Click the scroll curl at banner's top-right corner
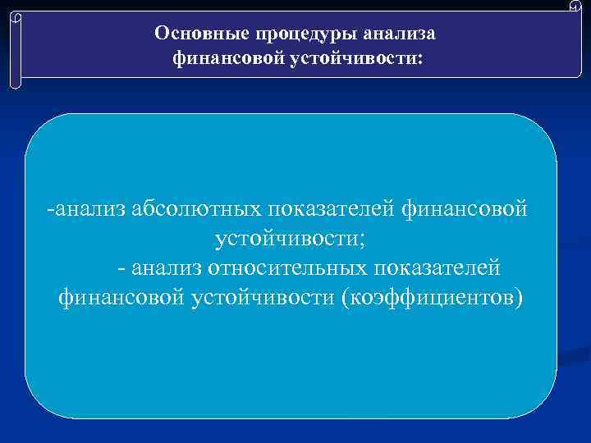574,7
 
